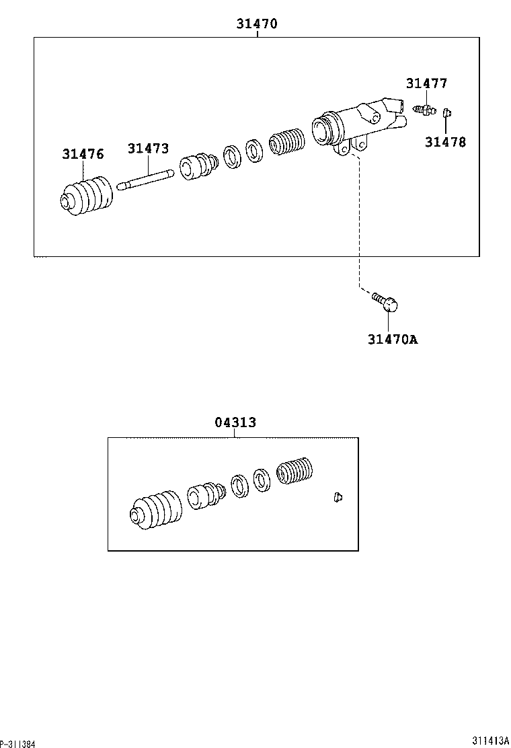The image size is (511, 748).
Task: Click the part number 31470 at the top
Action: (x=257, y=24)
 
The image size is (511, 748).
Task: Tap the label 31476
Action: (x=83, y=154)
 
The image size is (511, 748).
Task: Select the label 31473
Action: (x=149, y=149)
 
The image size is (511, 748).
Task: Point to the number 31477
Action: (x=426, y=83)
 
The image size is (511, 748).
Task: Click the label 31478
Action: (x=444, y=142)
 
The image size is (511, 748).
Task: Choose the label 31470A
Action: (x=392, y=339)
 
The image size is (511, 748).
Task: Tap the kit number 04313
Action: (x=235, y=422)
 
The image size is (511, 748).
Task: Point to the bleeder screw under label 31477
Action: (x=424, y=108)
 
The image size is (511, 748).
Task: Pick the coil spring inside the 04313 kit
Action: (x=295, y=472)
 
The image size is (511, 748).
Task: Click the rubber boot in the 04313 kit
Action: (x=155, y=511)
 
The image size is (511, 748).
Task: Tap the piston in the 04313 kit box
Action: (x=204, y=496)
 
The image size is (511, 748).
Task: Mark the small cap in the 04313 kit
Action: (x=337, y=497)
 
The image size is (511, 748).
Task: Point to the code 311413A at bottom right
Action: (x=490, y=741)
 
